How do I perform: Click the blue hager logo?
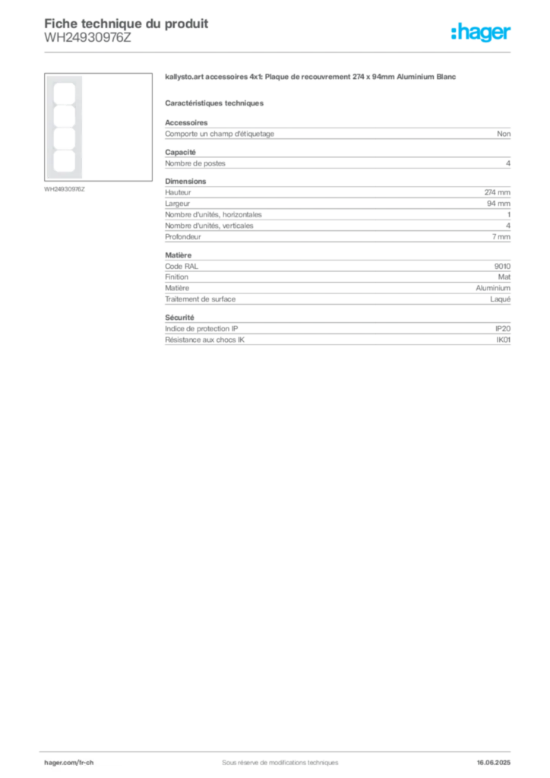click(x=482, y=33)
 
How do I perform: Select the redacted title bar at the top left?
click(x=126, y=23)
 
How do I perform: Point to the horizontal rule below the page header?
click(x=279, y=52)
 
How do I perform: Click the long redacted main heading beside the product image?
click(x=312, y=79)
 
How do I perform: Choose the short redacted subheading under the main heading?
click(x=215, y=103)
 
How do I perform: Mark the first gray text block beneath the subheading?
click(x=337, y=133)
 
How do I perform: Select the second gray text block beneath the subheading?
click(x=337, y=161)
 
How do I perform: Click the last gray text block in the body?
click(x=337, y=331)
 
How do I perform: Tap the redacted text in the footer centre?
click(x=273, y=758)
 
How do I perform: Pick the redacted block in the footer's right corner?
click(x=498, y=758)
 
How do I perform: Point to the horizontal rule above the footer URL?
click(x=279, y=750)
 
